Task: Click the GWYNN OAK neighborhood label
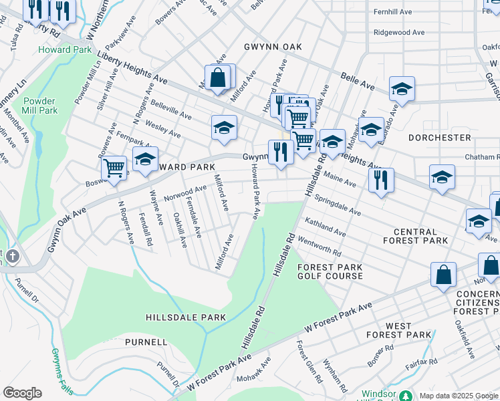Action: (x=273, y=47)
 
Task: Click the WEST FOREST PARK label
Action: (x=398, y=330)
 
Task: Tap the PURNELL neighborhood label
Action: (x=146, y=342)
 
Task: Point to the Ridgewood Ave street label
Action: (x=399, y=32)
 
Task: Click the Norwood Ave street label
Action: (x=185, y=193)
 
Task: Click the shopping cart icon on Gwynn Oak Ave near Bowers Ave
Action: (x=114, y=170)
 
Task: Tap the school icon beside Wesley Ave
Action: (x=225, y=128)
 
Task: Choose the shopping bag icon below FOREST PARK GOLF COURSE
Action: (x=443, y=275)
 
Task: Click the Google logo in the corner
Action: (x=22, y=393)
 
